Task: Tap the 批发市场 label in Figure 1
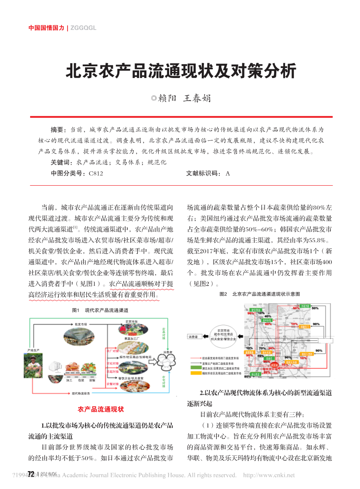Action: tap(81, 324)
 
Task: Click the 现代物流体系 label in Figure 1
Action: tap(81, 394)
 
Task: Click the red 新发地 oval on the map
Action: tap(275, 365)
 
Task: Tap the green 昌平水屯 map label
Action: tap(267, 320)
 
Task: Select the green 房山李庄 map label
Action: tap(255, 374)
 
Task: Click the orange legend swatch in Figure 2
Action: tap(195, 374)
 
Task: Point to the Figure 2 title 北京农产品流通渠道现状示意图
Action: tap(266, 294)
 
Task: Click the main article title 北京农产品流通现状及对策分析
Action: tap(180, 71)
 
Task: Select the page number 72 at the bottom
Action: tap(31, 474)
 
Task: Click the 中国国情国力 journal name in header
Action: tap(46, 27)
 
